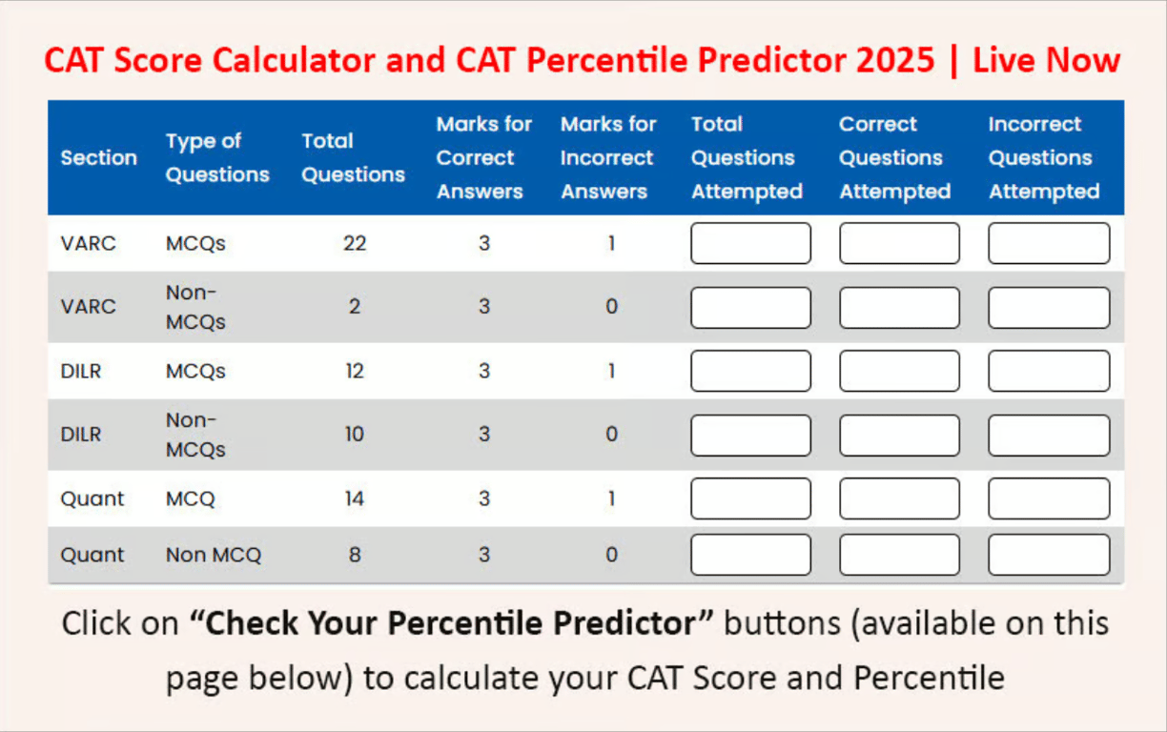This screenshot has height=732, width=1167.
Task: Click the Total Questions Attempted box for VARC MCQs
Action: point(750,243)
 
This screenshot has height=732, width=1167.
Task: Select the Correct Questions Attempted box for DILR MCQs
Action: point(899,371)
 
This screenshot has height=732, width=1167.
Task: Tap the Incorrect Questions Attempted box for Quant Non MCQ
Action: point(1049,555)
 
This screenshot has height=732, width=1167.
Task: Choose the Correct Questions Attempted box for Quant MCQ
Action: point(899,498)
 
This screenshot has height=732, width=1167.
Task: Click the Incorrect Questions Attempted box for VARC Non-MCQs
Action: point(1049,307)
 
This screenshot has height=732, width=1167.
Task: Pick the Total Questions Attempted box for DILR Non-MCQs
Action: point(750,435)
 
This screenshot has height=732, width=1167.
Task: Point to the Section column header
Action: point(99,157)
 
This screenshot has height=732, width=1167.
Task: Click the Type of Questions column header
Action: point(217,157)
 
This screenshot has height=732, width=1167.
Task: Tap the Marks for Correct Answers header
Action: point(483,157)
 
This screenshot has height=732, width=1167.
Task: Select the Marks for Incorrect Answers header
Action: point(608,157)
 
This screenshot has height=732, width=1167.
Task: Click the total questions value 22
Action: point(355,243)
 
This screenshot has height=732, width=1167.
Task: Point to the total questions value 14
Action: point(355,498)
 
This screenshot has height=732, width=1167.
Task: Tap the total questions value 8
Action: point(355,555)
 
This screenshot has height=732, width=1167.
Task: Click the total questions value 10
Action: point(355,435)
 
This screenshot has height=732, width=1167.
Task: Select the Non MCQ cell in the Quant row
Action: point(214,555)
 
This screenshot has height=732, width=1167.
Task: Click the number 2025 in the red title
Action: point(894,60)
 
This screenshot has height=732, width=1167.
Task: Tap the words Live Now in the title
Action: point(1046,60)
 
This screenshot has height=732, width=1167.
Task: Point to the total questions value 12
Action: point(355,371)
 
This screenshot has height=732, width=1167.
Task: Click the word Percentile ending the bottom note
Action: point(929,678)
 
